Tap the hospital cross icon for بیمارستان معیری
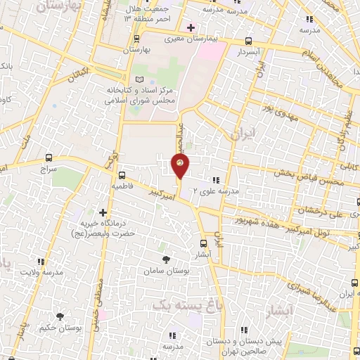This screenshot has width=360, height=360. point(191,28)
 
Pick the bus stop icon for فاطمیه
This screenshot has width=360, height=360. point(122,175)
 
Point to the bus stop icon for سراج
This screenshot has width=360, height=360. point(48,158)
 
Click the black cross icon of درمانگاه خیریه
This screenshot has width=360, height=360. point(103,212)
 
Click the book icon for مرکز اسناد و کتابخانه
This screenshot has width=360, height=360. point(139,79)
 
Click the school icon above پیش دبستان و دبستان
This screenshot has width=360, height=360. point(244,329)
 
